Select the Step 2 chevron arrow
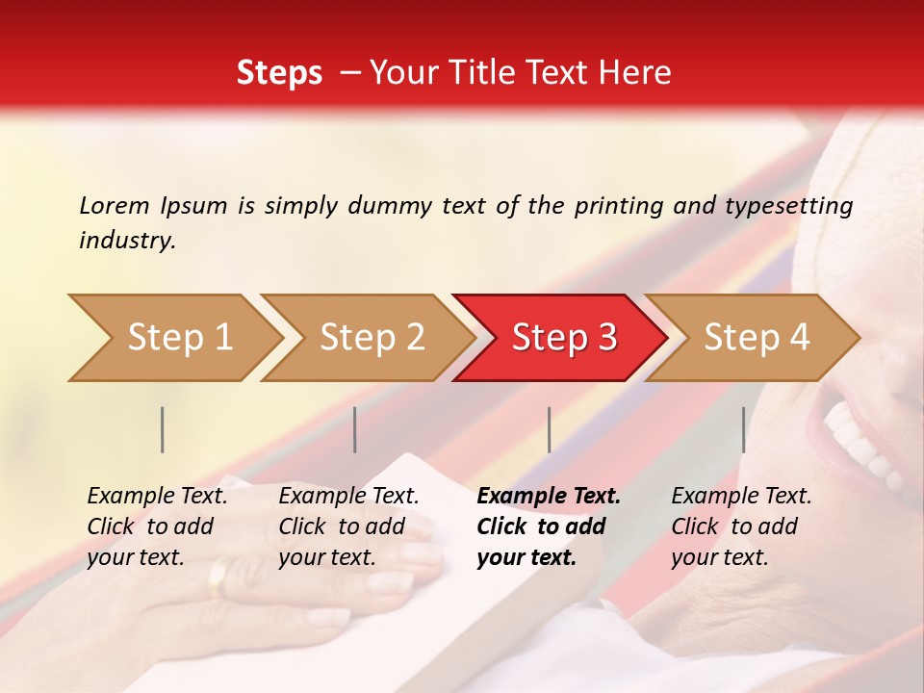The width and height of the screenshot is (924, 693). (372, 338)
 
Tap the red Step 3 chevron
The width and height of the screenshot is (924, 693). (563, 338)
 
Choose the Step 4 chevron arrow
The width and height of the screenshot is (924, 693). (756, 338)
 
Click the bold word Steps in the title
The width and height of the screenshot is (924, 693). (279, 73)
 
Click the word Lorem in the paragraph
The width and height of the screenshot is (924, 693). (114, 205)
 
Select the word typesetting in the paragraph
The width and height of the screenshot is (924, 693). (787, 205)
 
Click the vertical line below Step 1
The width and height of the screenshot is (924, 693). (163, 429)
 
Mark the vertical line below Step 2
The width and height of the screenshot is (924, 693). (355, 429)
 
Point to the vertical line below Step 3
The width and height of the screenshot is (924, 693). (549, 429)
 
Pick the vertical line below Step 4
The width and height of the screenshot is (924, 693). (743, 429)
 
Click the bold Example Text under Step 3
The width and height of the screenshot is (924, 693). (549, 497)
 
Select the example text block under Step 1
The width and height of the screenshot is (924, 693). (157, 526)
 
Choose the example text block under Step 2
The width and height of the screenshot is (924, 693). (348, 526)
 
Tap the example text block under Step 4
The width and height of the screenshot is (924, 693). (741, 526)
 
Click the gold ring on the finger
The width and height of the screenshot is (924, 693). (219, 576)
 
